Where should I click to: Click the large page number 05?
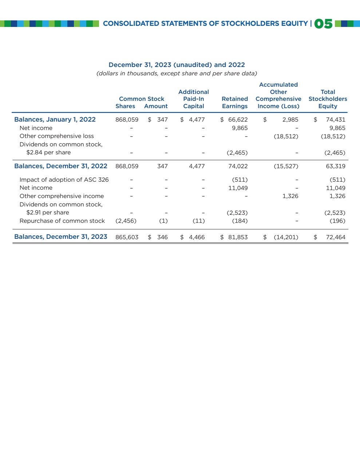point(323,24)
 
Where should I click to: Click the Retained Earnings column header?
point(235,102)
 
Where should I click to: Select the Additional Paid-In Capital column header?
point(194,99)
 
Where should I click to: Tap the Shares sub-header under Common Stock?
point(125,106)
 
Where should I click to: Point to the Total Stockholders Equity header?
point(328,99)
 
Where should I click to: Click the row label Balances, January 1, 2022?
point(55,119)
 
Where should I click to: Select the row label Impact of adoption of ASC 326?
point(64,179)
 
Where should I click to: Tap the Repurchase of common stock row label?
point(62,221)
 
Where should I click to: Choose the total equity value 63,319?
point(336,166)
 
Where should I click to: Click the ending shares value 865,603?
point(127,237)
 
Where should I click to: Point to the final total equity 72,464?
point(336,237)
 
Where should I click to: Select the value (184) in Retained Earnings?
point(240,221)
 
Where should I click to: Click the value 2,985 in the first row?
point(290,119)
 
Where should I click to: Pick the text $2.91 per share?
point(48,213)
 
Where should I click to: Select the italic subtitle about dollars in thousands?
point(177,74)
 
